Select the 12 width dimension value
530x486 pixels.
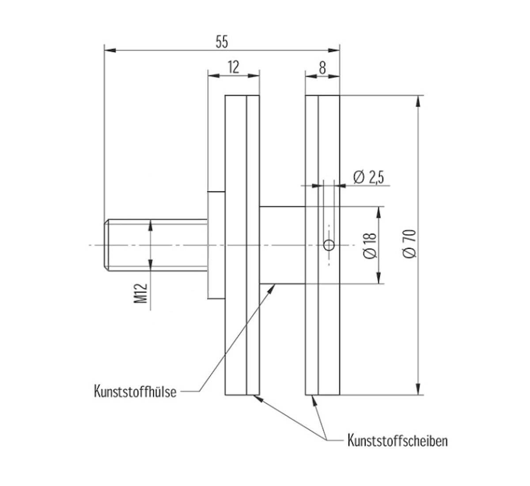tap(233, 67)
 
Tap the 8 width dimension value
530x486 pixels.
tap(322, 68)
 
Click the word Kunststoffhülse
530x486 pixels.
tap(135, 391)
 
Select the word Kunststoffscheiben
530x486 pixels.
tap(397, 440)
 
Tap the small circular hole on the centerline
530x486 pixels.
tap(329, 245)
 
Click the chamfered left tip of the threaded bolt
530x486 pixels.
tap(106, 245)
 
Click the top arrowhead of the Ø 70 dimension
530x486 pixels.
tap(418, 101)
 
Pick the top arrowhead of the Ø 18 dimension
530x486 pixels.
tap(379, 212)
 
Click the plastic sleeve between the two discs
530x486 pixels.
tap(282, 245)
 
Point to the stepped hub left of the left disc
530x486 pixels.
tap(216, 245)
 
